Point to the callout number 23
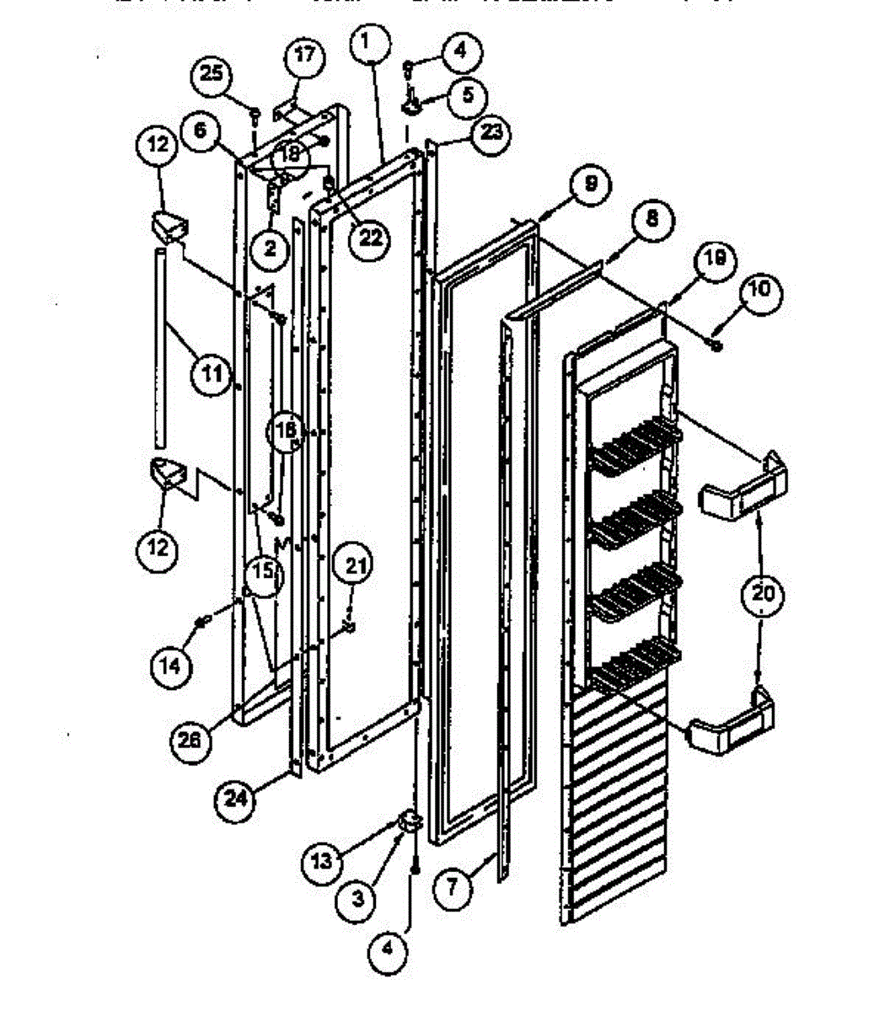click(x=491, y=132)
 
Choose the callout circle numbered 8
click(x=651, y=221)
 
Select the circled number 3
click(x=358, y=899)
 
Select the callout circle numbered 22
click(x=370, y=238)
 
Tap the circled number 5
click(x=466, y=93)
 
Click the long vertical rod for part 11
click(x=158, y=345)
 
